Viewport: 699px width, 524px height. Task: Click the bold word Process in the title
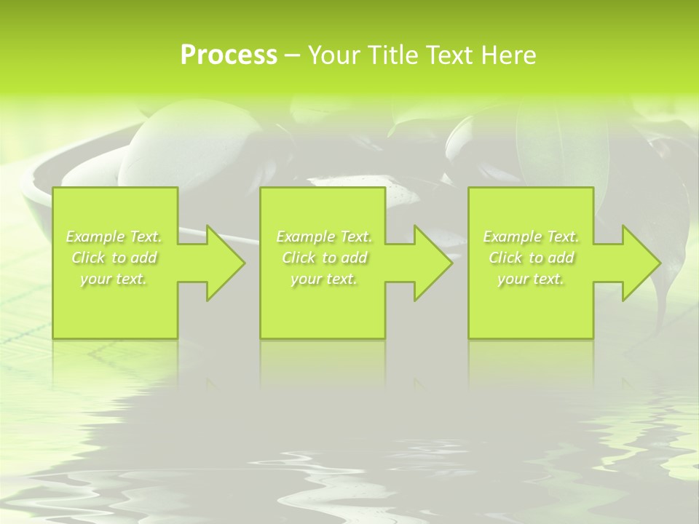pyautogui.click(x=229, y=55)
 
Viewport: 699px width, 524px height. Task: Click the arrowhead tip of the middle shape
pyautogui.click(x=451, y=263)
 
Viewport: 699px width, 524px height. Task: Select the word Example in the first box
pyautogui.click(x=95, y=237)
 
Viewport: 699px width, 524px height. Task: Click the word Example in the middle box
pyautogui.click(x=304, y=237)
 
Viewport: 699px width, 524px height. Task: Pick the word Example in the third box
pyautogui.click(x=511, y=237)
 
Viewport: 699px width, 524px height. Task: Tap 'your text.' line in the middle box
pyautogui.click(x=324, y=279)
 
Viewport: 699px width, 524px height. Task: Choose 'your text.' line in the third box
pyautogui.click(x=531, y=279)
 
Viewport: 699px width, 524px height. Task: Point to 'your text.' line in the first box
pyautogui.click(x=114, y=279)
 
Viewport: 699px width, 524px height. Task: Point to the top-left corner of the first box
pyautogui.click(x=53, y=188)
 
